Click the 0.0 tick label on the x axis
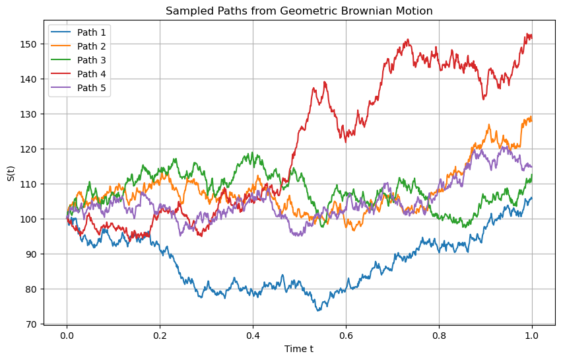pos(67,336)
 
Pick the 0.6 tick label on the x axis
pos(346,336)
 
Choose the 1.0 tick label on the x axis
pos(532,336)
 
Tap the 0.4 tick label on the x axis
pos(253,336)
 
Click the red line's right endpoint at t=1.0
pos(532,36)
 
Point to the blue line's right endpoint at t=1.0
pos(532,198)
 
